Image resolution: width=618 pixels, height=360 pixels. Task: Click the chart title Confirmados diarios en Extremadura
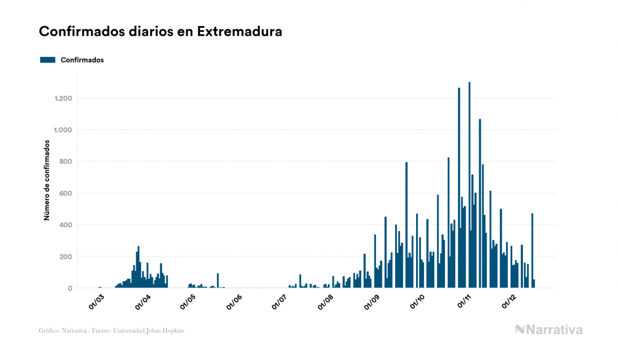pyautogui.click(x=160, y=32)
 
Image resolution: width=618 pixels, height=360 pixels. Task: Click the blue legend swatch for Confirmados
pyautogui.click(x=48, y=60)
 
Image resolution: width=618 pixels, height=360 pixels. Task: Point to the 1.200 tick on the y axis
pyautogui.click(x=63, y=98)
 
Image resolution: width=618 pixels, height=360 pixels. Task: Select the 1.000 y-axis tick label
pyautogui.click(x=63, y=130)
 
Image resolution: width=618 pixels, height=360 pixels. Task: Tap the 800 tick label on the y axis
pyautogui.click(x=66, y=161)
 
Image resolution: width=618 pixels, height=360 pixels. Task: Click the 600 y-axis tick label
pyautogui.click(x=66, y=193)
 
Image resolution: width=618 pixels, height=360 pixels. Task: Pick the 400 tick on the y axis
pyautogui.click(x=66, y=225)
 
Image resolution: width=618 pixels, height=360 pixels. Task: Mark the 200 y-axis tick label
pyautogui.click(x=66, y=256)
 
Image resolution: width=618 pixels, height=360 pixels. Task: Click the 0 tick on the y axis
pyautogui.click(x=70, y=288)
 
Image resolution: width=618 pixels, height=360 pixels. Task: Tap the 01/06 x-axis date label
pyautogui.click(x=235, y=301)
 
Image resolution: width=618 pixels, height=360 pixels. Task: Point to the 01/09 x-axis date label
pyautogui.click(x=372, y=301)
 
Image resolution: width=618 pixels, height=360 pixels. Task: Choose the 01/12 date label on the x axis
pyautogui.click(x=510, y=301)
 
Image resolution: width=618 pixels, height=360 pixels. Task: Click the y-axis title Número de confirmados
pyautogui.click(x=47, y=181)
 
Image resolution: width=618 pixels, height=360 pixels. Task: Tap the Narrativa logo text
pyautogui.click(x=554, y=330)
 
